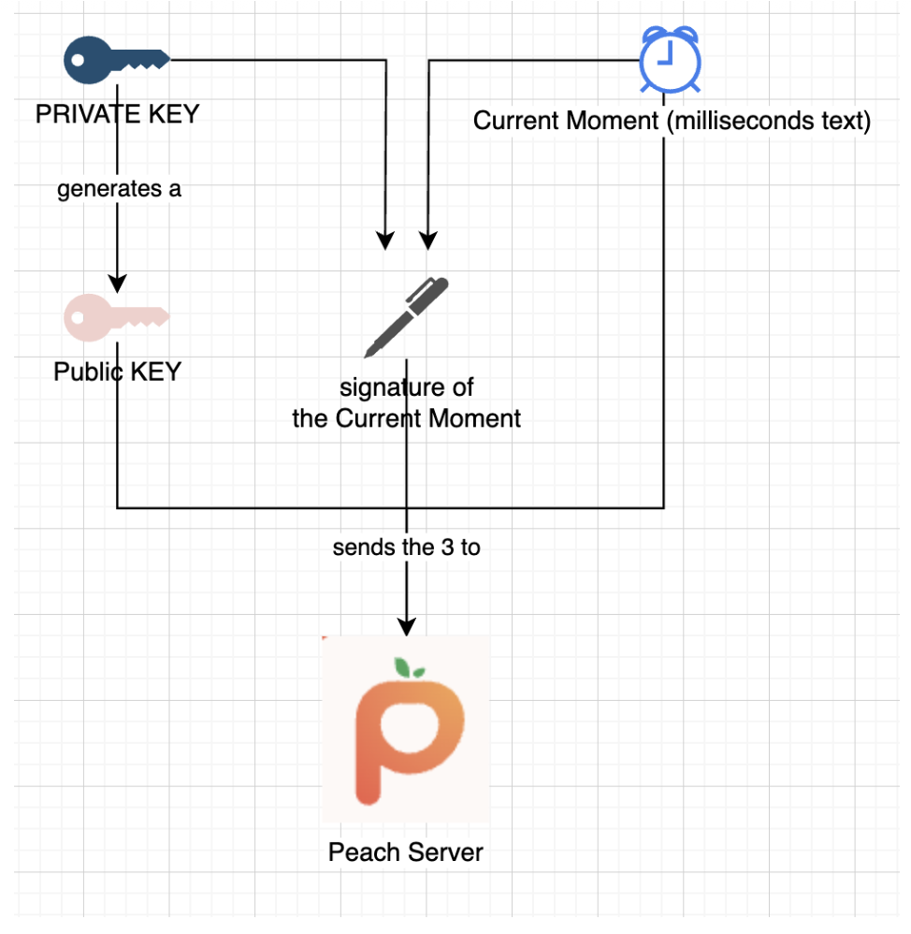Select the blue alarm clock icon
669,59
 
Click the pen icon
406,316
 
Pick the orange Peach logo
405,731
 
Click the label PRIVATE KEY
117,114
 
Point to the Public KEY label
117,372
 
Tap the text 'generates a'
119,189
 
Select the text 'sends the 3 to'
406,547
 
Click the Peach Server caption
406,853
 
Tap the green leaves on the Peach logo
409,667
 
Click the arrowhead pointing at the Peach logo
406,625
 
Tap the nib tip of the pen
367,355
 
